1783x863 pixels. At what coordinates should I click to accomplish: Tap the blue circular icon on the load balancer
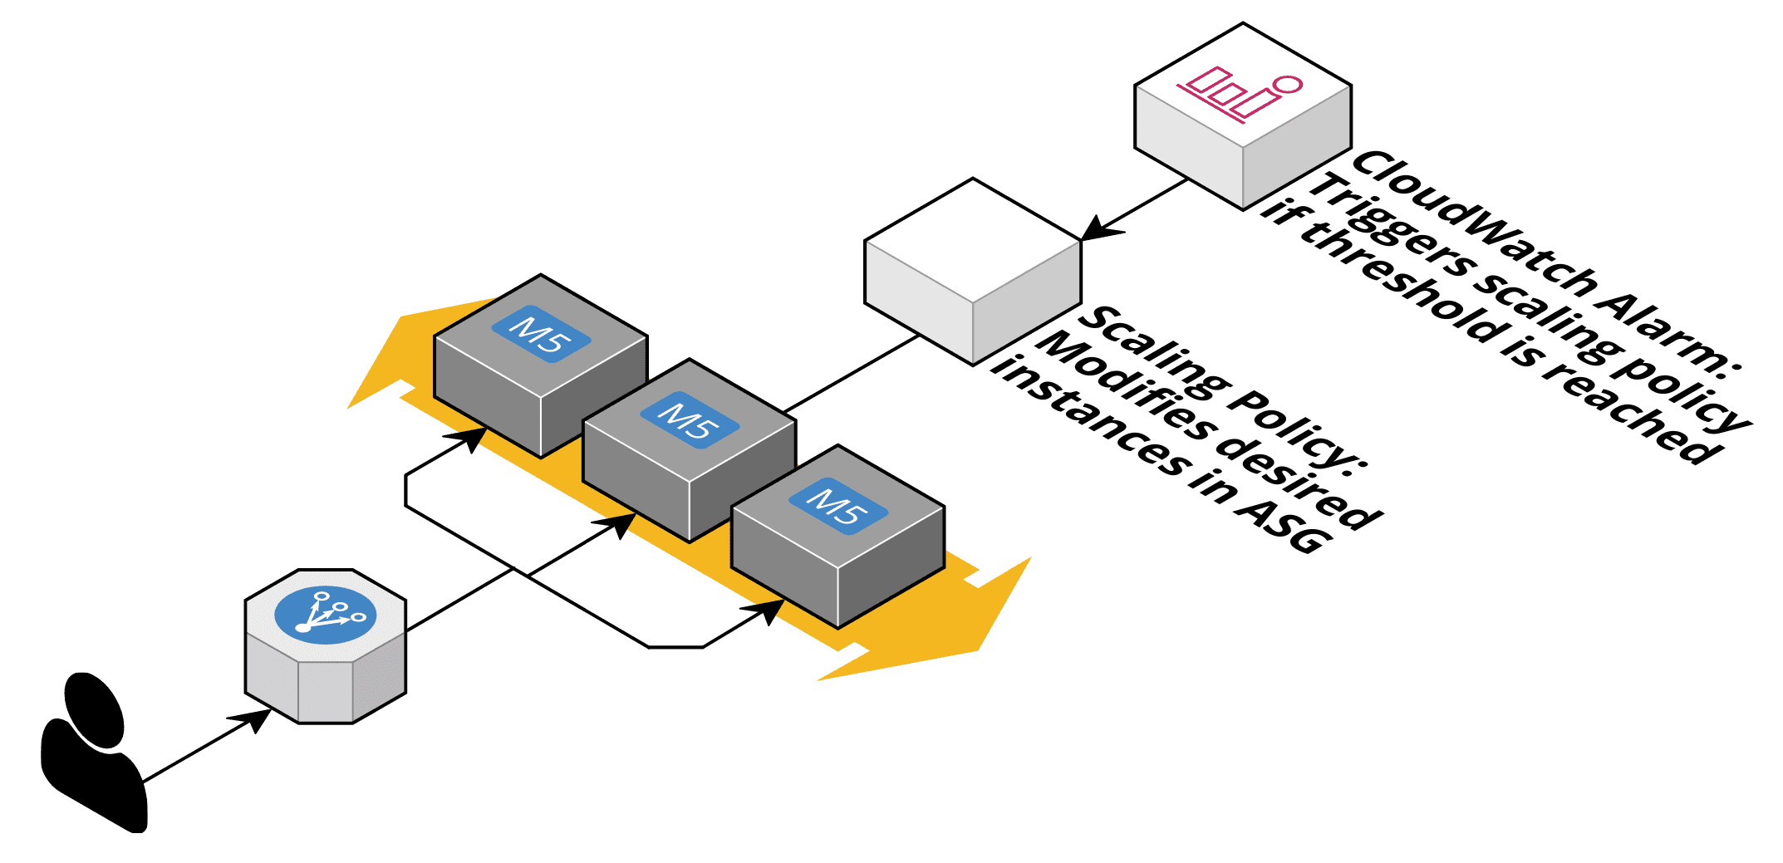point(325,615)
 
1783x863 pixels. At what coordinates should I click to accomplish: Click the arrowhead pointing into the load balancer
point(253,719)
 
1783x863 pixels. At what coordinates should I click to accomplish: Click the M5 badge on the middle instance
point(690,420)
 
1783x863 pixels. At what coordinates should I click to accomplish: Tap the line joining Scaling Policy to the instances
point(852,374)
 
